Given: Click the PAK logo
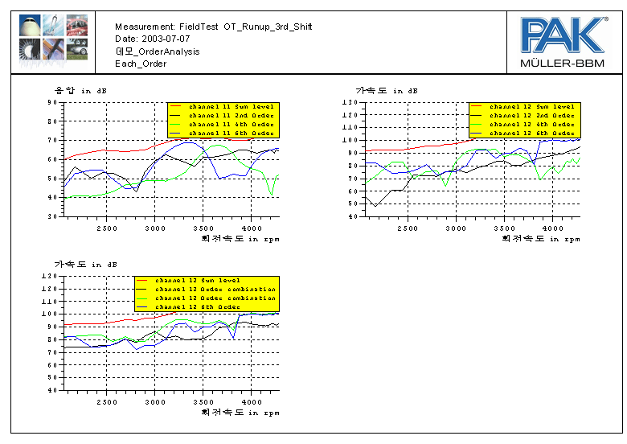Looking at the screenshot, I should point(563,35).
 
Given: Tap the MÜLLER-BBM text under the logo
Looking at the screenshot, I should point(563,63).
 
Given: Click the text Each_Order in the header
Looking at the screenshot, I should point(141,63).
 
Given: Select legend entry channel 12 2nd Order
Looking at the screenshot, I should point(531,115).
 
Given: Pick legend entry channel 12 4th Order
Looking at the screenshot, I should point(531,124).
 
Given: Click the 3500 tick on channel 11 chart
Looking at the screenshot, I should point(203,227).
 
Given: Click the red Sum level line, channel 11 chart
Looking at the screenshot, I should point(104,150).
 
